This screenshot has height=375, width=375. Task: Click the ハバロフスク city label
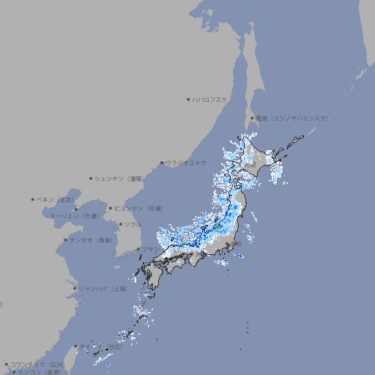pyautogui.click(x=210, y=99)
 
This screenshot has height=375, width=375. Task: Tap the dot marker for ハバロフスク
pyautogui.click(x=189, y=99)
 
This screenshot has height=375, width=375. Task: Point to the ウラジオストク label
pyautogui.click(x=186, y=163)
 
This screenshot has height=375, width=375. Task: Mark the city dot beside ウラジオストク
pyautogui.click(x=163, y=163)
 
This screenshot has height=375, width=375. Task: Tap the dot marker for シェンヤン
pyautogui.click(x=92, y=178)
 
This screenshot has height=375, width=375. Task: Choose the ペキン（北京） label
pyautogui.click(x=56, y=199)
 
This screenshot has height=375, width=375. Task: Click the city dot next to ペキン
pyautogui.click(x=33, y=199)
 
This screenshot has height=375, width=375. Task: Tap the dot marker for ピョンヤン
pyautogui.click(x=111, y=208)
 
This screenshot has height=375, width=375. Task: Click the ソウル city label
pyautogui.click(x=133, y=224)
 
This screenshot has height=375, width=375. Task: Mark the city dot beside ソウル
pyautogui.click(x=119, y=224)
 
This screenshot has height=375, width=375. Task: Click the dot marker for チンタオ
pyautogui.click(x=66, y=240)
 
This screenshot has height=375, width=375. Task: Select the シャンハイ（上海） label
pyautogui.click(x=103, y=289)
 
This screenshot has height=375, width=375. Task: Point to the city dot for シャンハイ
pyautogui.click(x=75, y=289)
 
